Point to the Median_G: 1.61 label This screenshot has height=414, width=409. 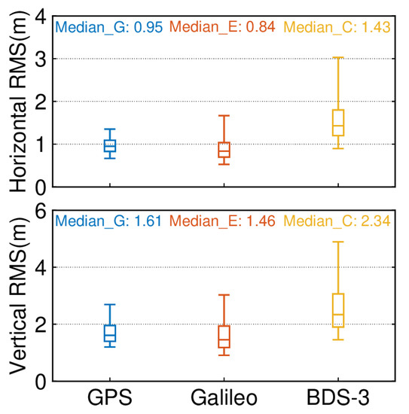pyautogui.click(x=108, y=222)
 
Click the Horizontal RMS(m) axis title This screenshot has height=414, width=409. pyautogui.click(x=17, y=101)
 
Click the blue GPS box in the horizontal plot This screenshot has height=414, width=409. pyautogui.click(x=110, y=145)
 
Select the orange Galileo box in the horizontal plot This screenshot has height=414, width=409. pyautogui.click(x=224, y=150)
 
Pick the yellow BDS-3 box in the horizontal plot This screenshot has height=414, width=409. pyautogui.click(x=338, y=123)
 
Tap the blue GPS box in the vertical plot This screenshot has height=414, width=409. pyautogui.click(x=110, y=333)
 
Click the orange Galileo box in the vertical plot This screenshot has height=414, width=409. pyautogui.click(x=224, y=337)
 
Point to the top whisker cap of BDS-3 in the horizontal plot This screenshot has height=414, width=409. pyautogui.click(x=338, y=57)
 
